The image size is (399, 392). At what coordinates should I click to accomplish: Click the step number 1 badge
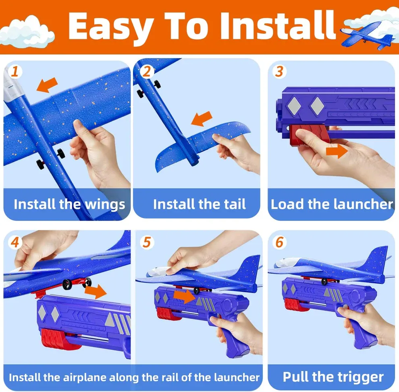coord(15,72)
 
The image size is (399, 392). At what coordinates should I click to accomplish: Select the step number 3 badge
coord(279,72)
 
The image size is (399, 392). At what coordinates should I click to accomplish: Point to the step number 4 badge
coord(15,243)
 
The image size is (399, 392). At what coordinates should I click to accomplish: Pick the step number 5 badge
coord(146,242)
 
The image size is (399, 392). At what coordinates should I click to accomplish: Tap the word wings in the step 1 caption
coord(105,204)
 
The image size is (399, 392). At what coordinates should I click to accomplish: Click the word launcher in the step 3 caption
coord(363,204)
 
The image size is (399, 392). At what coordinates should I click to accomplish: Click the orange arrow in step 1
coord(47,85)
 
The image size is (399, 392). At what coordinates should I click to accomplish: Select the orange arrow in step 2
coord(202,119)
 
